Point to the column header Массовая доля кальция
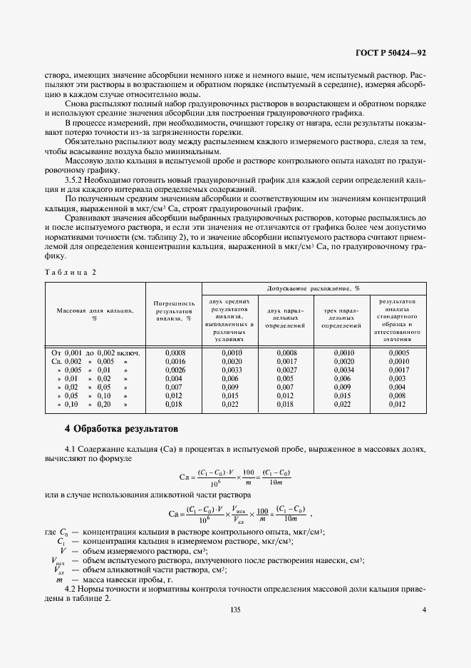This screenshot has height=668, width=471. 94,314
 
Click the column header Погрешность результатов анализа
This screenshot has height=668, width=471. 174,311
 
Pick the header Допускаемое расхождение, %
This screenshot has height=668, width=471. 313,288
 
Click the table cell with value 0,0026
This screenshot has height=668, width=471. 176,370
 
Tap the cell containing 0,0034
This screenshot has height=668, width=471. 343,370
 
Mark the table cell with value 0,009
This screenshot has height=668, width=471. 343,388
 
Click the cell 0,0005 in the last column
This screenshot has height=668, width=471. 398,353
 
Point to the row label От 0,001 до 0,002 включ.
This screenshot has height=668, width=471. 95,353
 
